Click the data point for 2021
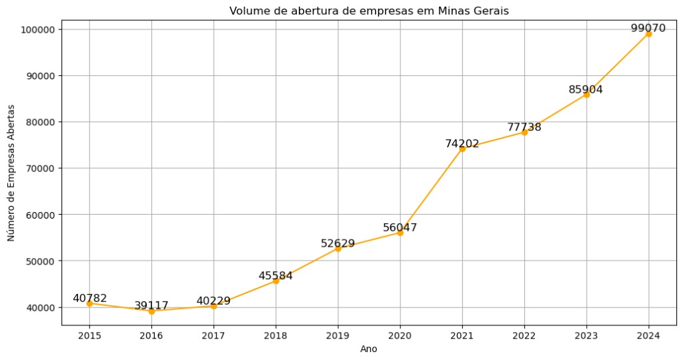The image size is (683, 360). [462, 149]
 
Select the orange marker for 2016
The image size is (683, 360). [151, 311]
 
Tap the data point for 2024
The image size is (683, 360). [648, 33]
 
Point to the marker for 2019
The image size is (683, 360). [338, 249]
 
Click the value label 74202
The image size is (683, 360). [462, 143]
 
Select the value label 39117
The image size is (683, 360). [151, 305]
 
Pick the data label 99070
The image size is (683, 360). [648, 28]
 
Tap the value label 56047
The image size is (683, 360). [400, 227]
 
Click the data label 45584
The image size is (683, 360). [275, 275]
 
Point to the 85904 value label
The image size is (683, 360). [586, 89]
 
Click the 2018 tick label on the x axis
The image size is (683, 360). [275, 336]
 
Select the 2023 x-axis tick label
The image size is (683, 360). [586, 336]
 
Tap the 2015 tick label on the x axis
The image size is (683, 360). [89, 336]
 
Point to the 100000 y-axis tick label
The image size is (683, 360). [38, 29]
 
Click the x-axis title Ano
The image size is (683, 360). [369, 349]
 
